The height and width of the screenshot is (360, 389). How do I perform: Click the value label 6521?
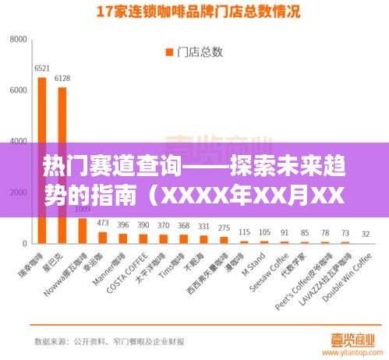pyautogui.click(x=42, y=69)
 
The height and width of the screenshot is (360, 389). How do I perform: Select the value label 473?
pyautogui.click(x=103, y=223)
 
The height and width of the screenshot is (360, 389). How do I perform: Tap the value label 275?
pyautogui.click(x=224, y=228)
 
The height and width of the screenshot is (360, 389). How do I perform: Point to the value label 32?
pyautogui.click(x=366, y=234)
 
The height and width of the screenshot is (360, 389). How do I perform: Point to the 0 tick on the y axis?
pyautogui.click(x=26, y=244)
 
